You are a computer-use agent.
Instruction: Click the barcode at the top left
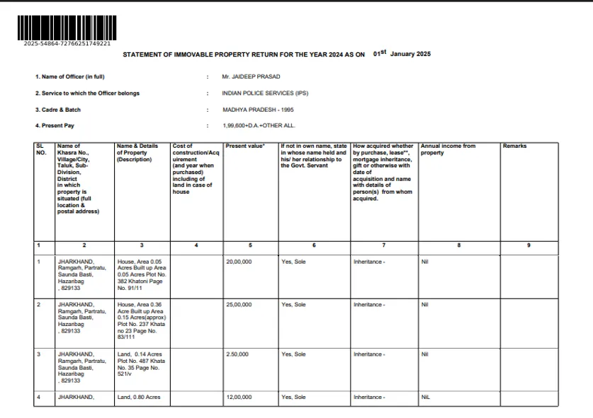tap(67, 28)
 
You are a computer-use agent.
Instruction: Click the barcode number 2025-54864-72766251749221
tap(67, 44)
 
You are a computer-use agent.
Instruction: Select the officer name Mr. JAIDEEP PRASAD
tap(251, 76)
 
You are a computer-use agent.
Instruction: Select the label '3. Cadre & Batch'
tap(58, 110)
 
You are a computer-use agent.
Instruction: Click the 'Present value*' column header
tap(244, 146)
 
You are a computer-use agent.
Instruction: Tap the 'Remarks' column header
tap(514, 146)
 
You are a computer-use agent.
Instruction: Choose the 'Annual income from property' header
tap(448, 149)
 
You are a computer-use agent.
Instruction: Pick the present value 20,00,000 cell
tap(239, 262)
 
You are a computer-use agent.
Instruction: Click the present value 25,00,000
tap(239, 305)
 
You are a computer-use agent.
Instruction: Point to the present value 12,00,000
tap(239, 397)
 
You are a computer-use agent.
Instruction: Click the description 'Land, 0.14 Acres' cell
tap(140, 354)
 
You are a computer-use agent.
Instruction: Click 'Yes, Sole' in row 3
tap(293, 354)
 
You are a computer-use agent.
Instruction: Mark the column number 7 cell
tap(383, 245)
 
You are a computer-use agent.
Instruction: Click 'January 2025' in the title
tap(410, 54)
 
